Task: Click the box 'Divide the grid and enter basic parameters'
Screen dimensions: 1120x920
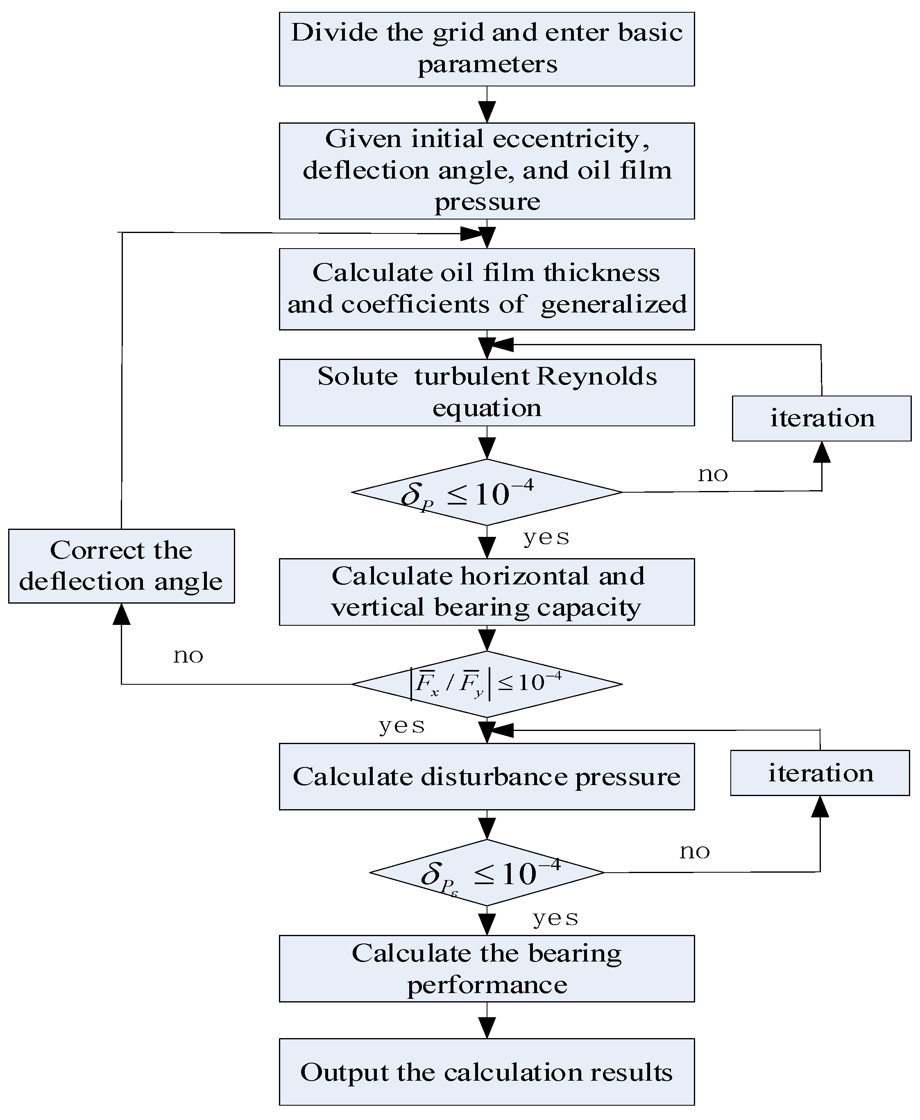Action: coord(487,49)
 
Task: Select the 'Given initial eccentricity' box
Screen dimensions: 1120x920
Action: coord(487,171)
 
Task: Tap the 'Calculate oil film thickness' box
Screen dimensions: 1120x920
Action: coord(487,289)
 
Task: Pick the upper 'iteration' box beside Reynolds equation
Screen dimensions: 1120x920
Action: coord(821,419)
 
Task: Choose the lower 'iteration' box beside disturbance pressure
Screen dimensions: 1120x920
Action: coord(820,773)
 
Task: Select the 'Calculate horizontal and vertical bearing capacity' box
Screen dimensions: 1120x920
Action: coord(487,592)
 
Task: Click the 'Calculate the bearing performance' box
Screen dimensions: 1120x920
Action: coord(487,968)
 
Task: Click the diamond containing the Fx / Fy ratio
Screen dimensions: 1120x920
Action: coord(487,684)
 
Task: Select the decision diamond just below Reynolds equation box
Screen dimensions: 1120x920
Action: coord(487,492)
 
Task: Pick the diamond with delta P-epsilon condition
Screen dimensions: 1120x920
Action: coord(487,873)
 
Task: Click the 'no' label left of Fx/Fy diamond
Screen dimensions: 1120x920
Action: coord(188,656)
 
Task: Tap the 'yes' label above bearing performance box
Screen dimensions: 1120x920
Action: coord(555,918)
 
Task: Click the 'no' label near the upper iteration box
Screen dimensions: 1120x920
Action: coord(713,474)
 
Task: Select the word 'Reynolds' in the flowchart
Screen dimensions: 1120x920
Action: coord(596,377)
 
